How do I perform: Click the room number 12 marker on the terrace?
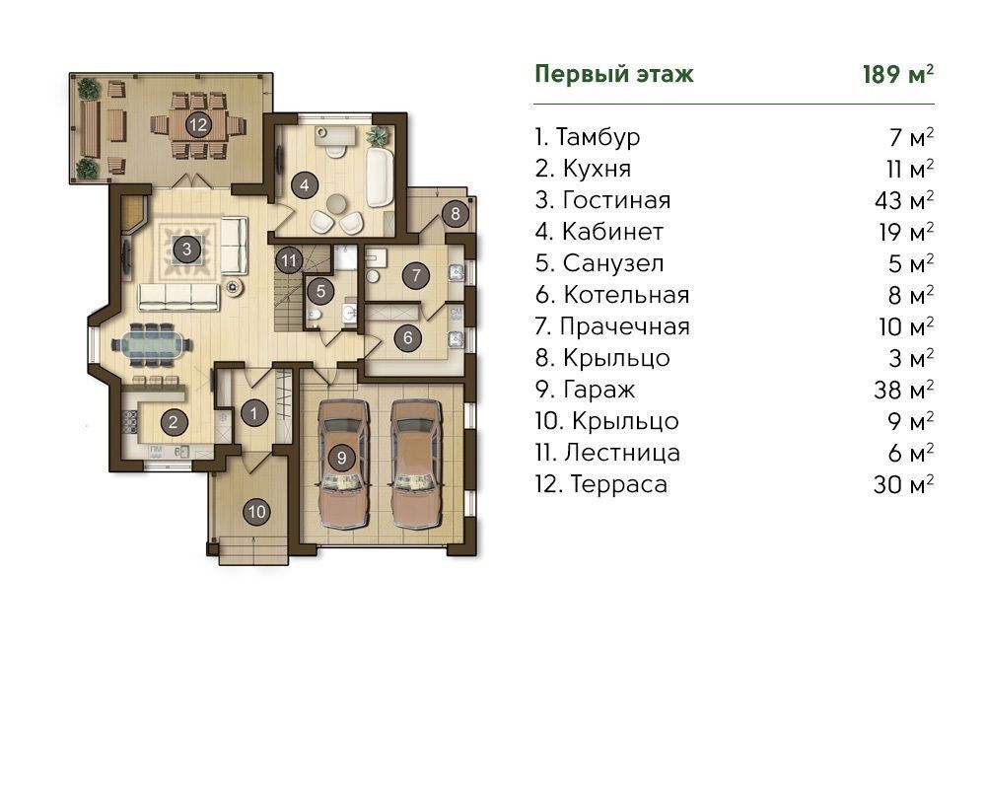click(x=198, y=124)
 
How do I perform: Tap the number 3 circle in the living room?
click(x=185, y=249)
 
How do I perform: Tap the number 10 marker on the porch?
click(x=256, y=511)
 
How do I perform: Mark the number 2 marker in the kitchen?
click(x=173, y=424)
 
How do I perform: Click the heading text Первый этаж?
click(x=613, y=74)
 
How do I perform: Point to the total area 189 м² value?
click(x=896, y=74)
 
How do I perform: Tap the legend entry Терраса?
click(x=618, y=484)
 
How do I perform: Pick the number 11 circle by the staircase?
click(x=288, y=261)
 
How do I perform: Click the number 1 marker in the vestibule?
click(x=253, y=413)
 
